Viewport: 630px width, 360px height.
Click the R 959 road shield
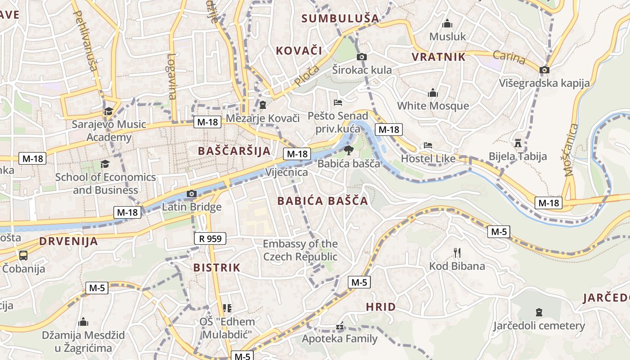pos(210,238)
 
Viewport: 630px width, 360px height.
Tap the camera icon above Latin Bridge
pos(192,194)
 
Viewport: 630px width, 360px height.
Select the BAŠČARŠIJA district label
pos(234,151)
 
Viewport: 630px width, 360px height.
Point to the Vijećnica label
pos(287,172)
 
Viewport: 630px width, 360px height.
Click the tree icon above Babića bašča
pos(348,150)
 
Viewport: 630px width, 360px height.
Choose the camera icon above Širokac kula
pos(361,57)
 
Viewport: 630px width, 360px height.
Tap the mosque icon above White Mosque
pos(433,93)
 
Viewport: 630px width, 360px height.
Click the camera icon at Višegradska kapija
pos(544,70)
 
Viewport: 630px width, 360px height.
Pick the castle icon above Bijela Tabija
pos(517,143)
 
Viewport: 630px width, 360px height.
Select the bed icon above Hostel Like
pos(427,145)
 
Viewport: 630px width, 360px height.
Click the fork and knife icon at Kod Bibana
pos(457,252)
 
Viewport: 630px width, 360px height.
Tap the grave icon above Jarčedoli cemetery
pos(539,312)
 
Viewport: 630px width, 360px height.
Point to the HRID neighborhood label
pos(381,307)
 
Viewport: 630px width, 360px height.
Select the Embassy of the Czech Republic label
pos(300,250)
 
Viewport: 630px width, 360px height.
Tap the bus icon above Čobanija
pos(23,256)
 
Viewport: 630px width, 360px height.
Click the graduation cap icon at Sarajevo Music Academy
pos(108,111)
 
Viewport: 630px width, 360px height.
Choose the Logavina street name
pos(172,76)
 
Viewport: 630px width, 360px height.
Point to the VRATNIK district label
pos(439,57)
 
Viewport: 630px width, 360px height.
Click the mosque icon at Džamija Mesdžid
pos(83,322)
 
